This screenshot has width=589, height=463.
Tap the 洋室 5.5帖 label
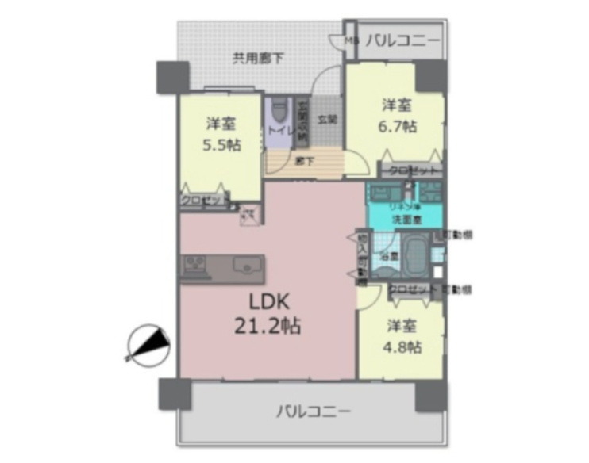tap(221, 134)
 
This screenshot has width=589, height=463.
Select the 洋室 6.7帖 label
tap(397, 115)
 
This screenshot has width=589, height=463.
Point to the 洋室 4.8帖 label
tap(403, 335)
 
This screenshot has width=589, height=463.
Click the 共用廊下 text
tap(259, 57)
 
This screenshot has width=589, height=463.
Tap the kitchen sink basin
tap(248, 267)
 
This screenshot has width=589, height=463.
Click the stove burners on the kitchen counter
tap(194, 266)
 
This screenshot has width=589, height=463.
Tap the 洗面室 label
tap(403, 219)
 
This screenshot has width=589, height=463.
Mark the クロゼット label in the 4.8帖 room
tap(412, 289)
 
